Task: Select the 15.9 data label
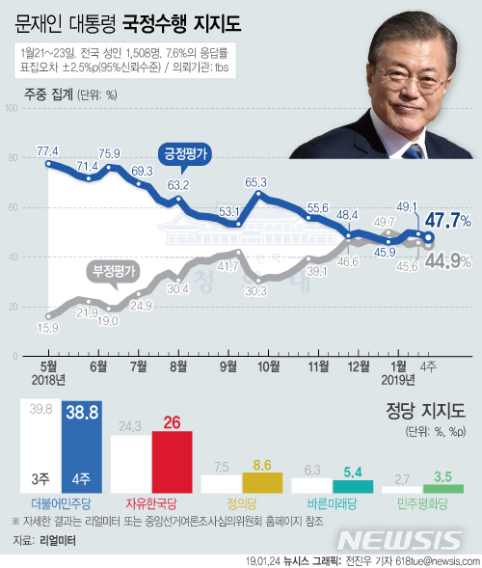tap(48, 329)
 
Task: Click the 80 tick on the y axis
tap(13, 157)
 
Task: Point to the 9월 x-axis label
tap(228, 366)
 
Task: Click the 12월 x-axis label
tap(358, 366)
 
